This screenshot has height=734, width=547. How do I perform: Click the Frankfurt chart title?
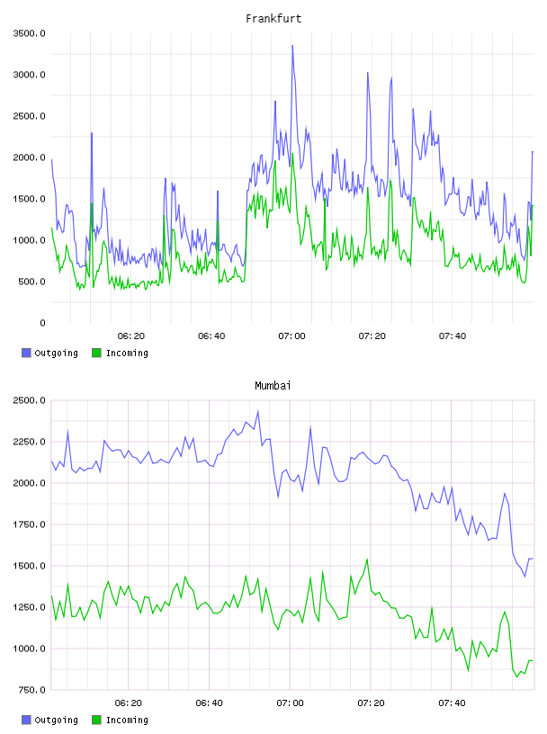(x=273, y=19)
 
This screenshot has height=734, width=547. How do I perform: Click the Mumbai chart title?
(x=273, y=386)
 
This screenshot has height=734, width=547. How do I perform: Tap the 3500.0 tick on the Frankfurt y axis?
(x=29, y=33)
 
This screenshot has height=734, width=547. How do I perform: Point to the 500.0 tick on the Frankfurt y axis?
(x=31, y=282)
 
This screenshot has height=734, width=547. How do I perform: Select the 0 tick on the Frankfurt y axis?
(x=42, y=323)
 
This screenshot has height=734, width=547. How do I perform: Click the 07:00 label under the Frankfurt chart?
(x=291, y=336)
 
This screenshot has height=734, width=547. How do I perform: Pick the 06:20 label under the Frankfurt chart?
(x=131, y=336)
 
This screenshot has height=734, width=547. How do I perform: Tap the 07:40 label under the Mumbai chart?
(x=452, y=703)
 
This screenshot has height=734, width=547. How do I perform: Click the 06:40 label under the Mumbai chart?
(x=209, y=703)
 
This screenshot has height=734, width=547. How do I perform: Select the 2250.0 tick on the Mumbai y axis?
(x=29, y=442)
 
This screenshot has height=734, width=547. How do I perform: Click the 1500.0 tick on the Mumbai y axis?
(x=29, y=566)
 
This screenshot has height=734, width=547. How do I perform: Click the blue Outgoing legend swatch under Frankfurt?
(x=26, y=353)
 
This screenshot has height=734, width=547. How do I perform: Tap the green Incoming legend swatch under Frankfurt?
(x=96, y=353)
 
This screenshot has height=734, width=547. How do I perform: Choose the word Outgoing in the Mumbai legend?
(x=56, y=720)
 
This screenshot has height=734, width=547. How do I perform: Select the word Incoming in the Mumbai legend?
(x=127, y=720)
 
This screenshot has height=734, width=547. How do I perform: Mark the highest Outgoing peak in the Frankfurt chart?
(x=292, y=45)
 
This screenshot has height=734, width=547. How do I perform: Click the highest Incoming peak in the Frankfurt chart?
(x=292, y=154)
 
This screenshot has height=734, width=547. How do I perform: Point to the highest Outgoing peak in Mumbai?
(x=258, y=411)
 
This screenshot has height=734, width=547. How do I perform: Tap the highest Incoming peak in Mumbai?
(x=367, y=559)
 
